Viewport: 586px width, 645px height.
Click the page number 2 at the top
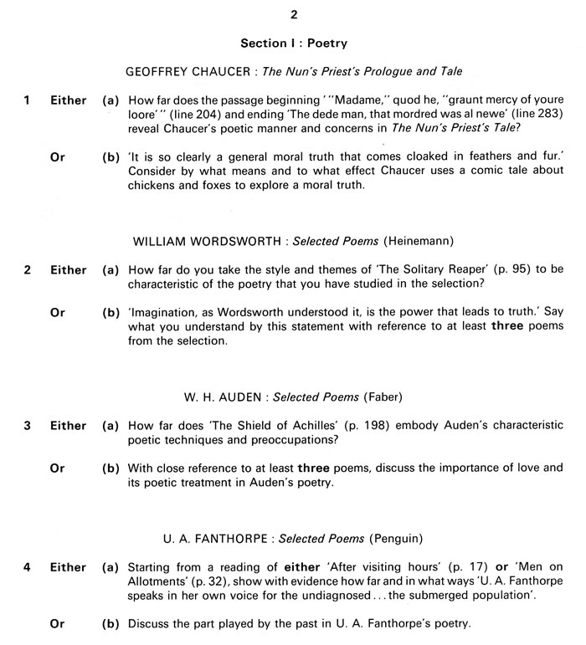tap(293, 14)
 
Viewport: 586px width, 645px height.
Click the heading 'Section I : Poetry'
tap(293, 43)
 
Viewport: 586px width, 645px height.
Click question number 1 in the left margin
tap(28, 100)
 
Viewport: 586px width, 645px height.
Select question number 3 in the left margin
tap(28, 425)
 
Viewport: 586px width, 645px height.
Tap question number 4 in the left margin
tap(28, 566)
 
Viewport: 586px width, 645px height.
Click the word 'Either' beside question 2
tap(68, 269)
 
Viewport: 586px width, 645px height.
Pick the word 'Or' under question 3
tap(58, 468)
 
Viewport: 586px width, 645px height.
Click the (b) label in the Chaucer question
tap(111, 156)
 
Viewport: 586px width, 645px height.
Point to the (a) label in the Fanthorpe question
tap(111, 566)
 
